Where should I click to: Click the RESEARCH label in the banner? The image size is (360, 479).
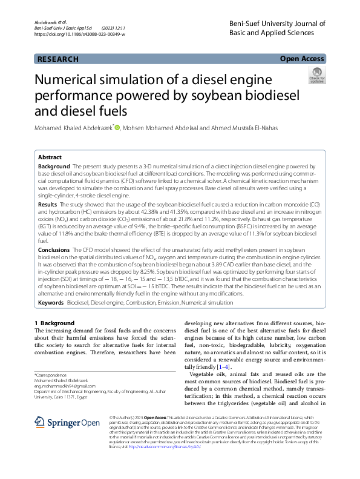coord(58,59)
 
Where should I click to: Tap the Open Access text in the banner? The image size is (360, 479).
coord(302,59)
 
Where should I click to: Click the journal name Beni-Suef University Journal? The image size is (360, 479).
coord(284,24)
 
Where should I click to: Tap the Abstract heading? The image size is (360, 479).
coord(50,156)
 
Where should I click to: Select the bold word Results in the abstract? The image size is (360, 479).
coord(48,205)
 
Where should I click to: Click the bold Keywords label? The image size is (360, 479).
coord(51,302)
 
